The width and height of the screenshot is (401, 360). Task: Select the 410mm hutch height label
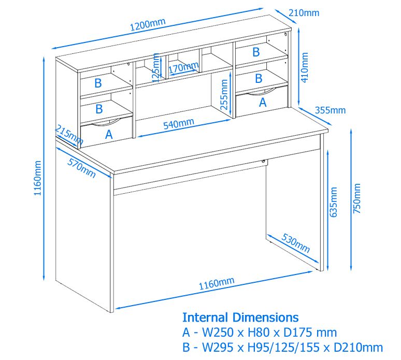[x=305, y=67]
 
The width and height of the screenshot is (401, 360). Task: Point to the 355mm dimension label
[x=330, y=110]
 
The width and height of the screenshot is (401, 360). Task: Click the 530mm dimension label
[x=295, y=243]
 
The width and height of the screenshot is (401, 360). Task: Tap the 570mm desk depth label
[x=82, y=167]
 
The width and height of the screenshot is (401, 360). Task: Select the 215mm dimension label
[x=69, y=135]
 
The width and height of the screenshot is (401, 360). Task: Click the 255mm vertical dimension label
[x=224, y=93]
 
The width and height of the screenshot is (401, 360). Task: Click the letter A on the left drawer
[x=109, y=135]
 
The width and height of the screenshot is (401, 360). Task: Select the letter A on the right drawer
[x=262, y=103]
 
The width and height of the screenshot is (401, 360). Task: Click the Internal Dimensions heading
[x=240, y=317]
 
